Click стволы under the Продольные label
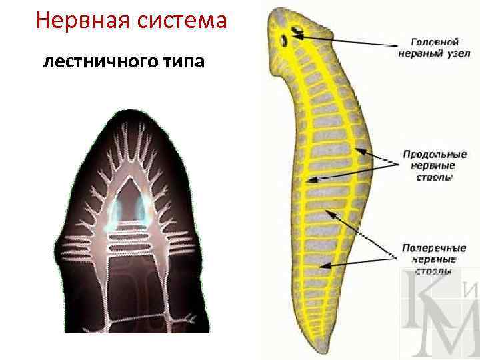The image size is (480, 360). pyautogui.click(x=428, y=177)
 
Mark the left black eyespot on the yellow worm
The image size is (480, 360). pyautogui.click(x=283, y=41)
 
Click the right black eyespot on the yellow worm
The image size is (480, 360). pyautogui.click(x=295, y=31)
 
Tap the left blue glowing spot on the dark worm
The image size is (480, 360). pyautogui.click(x=118, y=211)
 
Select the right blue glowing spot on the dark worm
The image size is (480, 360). pyautogui.click(x=141, y=209)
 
